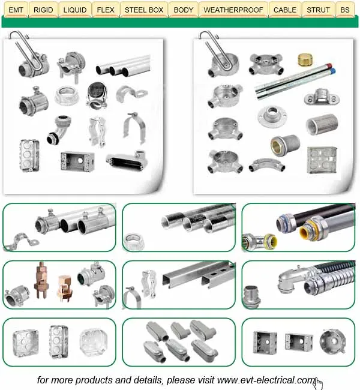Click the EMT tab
(16, 10)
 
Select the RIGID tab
(43, 10)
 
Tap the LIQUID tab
(75, 10)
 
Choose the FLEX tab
(106, 10)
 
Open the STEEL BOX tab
(144, 10)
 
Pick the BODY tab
(184, 10)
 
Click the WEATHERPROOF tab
(233, 10)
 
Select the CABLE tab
(284, 10)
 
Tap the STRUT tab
(318, 10)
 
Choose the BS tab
(344, 10)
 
